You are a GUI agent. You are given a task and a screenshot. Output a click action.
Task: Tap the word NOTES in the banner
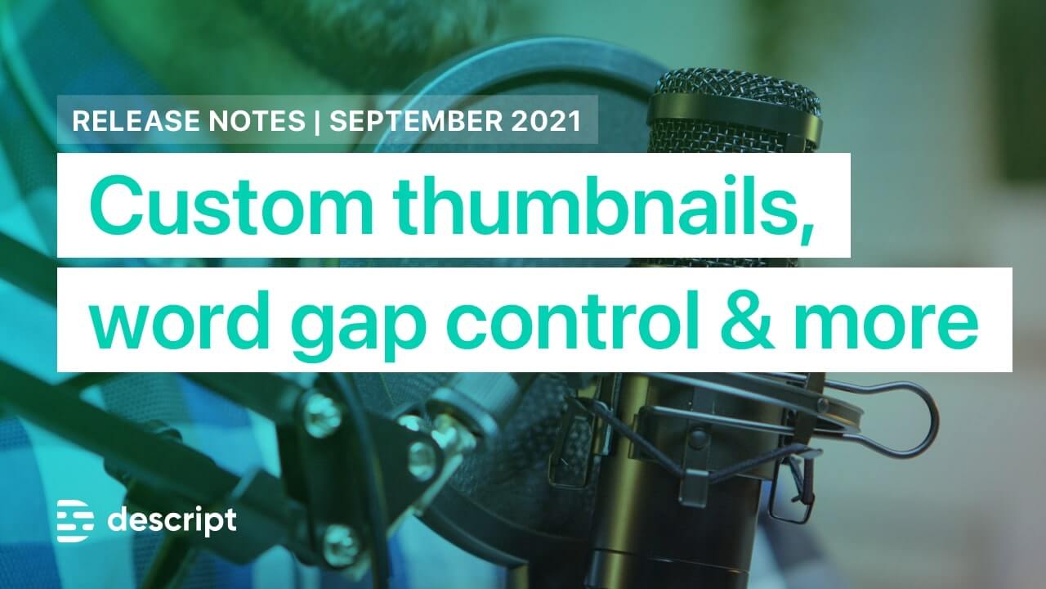[x=257, y=120]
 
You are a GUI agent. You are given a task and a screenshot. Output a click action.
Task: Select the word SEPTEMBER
[x=416, y=120]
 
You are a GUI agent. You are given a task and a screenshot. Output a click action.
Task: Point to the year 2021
[x=546, y=120]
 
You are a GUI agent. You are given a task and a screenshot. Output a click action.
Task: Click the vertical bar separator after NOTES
[x=318, y=122]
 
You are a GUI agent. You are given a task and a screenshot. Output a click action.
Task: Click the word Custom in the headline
[x=231, y=205]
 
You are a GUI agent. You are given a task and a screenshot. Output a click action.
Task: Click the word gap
[x=358, y=327]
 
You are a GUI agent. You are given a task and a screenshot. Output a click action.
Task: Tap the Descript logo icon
[x=75, y=521]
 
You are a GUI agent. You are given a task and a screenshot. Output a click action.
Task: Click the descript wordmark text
[x=172, y=519]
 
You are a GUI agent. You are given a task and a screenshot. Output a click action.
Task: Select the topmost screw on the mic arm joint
[x=322, y=415]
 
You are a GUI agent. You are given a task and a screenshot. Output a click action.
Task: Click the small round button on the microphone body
[x=698, y=438]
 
